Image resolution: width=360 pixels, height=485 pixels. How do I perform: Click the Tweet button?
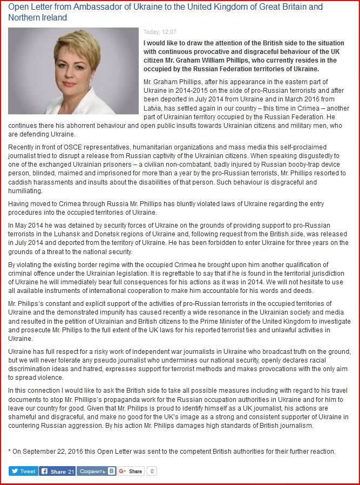coord(23,471)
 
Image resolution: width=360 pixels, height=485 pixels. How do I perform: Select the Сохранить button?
coord(96,471)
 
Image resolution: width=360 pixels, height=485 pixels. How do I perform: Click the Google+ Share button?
coord(131,471)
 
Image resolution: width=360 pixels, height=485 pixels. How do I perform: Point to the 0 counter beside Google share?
coord(152,471)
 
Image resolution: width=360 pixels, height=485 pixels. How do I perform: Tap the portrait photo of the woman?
coord(73,71)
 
